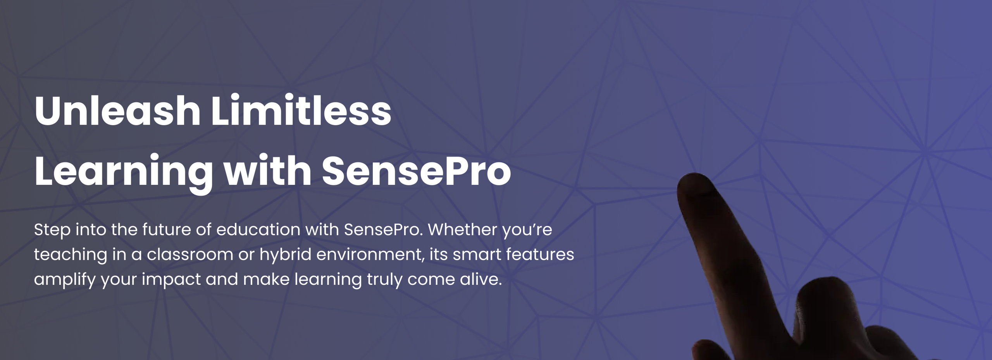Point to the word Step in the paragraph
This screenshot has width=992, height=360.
(52, 231)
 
